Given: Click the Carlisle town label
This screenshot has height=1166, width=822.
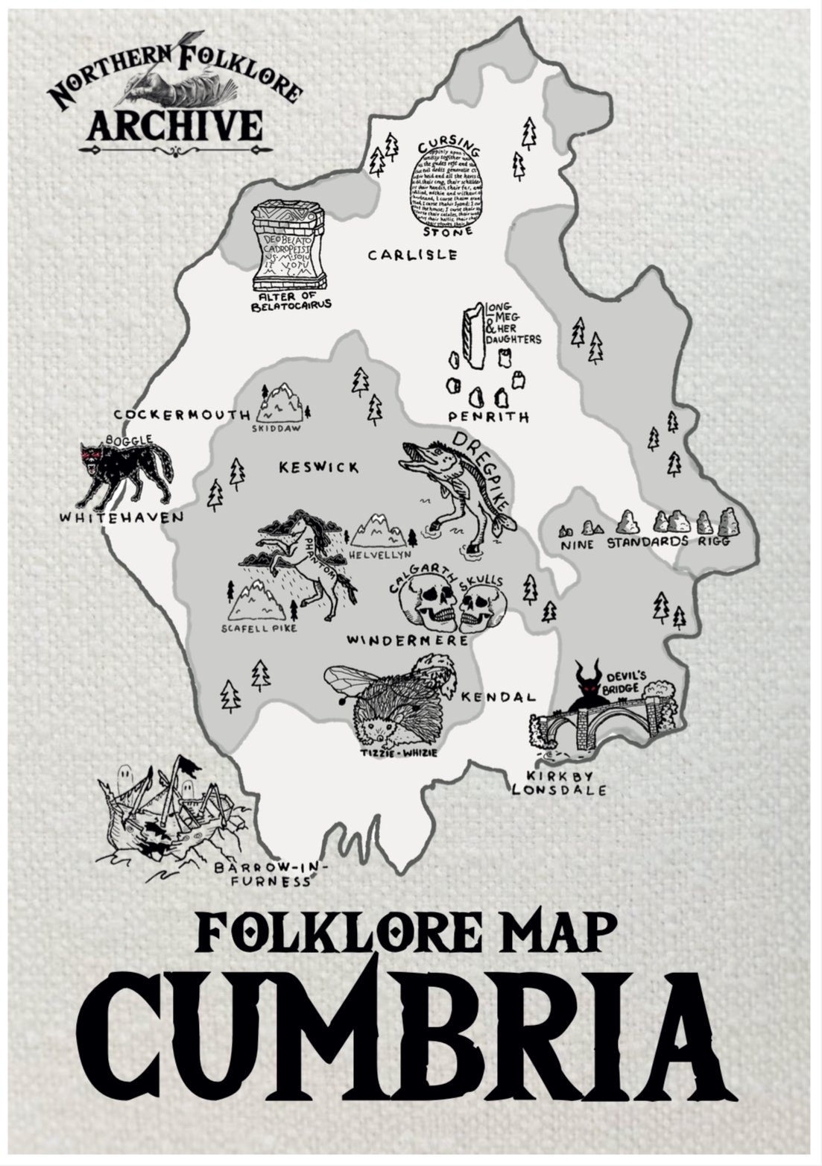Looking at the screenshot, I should click(x=412, y=255).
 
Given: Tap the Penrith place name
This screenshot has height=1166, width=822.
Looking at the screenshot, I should click(x=489, y=417).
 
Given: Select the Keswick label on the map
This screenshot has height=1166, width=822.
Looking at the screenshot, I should click(x=318, y=467).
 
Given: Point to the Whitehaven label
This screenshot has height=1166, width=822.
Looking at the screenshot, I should click(x=121, y=516).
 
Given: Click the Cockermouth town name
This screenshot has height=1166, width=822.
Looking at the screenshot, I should click(x=183, y=414).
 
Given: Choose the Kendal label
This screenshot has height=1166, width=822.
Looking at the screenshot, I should click(x=499, y=697).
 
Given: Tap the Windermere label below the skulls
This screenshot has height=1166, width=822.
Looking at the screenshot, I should click(x=408, y=640).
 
